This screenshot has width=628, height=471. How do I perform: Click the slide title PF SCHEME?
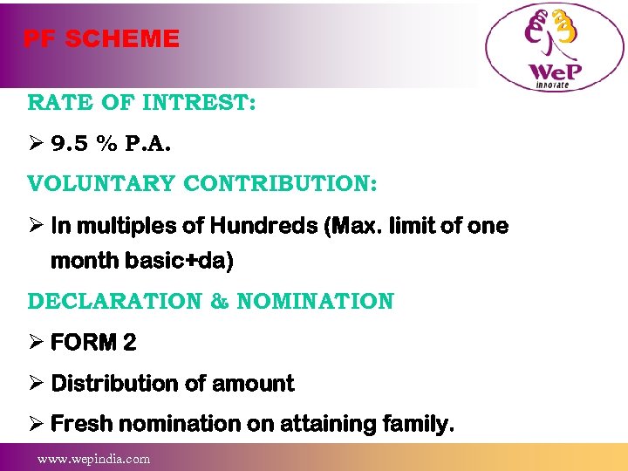click(101, 39)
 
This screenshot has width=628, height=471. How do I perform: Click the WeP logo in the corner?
click(554, 49)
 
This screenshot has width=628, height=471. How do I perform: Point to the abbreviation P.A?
click(149, 144)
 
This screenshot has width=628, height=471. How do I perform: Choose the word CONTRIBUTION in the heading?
click(280, 185)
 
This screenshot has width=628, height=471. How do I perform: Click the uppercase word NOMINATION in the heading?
click(315, 302)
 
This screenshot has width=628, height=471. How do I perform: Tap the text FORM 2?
click(93, 343)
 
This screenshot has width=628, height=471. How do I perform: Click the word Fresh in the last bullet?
click(82, 425)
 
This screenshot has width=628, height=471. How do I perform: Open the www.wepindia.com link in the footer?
click(93, 458)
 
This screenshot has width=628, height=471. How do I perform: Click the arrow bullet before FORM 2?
click(36, 343)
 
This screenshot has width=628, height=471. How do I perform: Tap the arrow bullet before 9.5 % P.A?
click(36, 144)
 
